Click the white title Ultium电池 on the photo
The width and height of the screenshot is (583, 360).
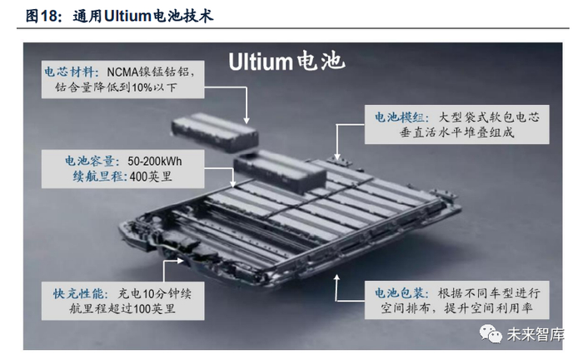287,62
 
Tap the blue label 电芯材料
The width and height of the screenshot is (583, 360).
70,72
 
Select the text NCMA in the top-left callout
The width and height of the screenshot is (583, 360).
122,72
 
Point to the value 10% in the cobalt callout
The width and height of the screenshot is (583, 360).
142,87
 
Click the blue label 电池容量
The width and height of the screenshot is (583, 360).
90,161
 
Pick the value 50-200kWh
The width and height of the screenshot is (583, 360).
155,161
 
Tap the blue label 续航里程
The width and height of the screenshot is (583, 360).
98,177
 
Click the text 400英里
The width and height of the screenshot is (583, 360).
151,177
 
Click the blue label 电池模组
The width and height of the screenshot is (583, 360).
400,117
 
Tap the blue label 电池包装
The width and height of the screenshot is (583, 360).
400,293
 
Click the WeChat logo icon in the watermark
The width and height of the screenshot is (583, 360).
491,333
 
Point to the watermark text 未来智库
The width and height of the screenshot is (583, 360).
536,334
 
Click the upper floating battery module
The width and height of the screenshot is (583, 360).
214,132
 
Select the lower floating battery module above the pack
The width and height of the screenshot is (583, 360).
280,172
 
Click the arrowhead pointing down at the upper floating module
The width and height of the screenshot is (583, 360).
247,121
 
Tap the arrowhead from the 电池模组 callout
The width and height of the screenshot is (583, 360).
336,157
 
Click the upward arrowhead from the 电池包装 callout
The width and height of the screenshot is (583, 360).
336,277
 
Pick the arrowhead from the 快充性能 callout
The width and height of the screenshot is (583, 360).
181,261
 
